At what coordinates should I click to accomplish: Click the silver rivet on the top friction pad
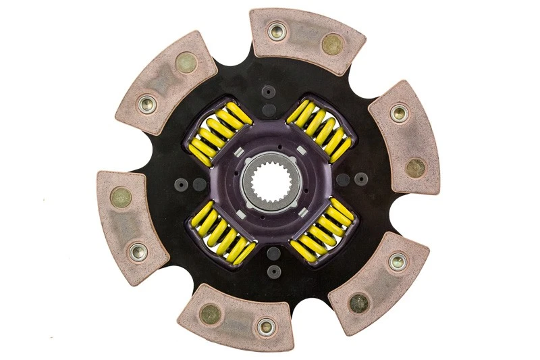click(275, 31)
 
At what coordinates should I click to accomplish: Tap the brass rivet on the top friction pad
click(332, 45)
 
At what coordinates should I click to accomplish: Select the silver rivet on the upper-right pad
click(399, 113)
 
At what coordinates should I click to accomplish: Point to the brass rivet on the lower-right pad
click(358, 302)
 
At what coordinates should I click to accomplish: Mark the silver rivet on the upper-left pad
click(147, 103)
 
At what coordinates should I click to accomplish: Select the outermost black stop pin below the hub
click(273, 272)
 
